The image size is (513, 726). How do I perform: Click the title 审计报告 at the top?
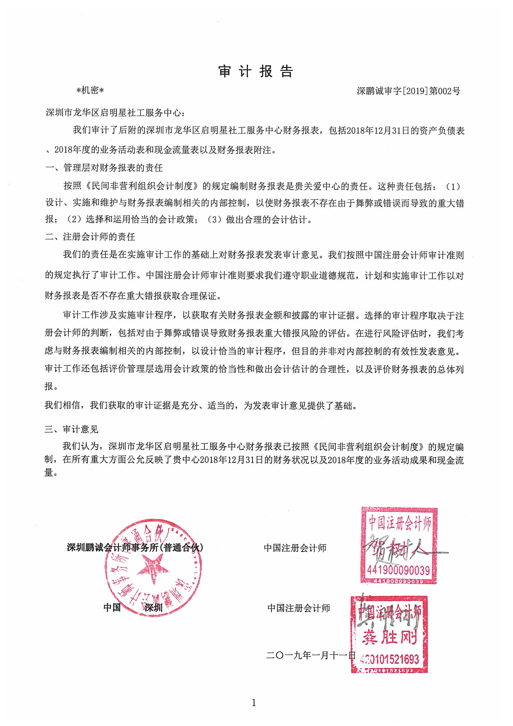[256, 72]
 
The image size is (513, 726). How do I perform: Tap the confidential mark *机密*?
[90, 91]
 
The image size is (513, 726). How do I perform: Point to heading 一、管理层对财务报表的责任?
[104, 168]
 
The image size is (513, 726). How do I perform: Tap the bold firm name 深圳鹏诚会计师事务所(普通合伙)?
[135, 547]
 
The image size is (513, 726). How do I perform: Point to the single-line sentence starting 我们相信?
[201, 405]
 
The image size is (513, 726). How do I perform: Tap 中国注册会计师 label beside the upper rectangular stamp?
[295, 548]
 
